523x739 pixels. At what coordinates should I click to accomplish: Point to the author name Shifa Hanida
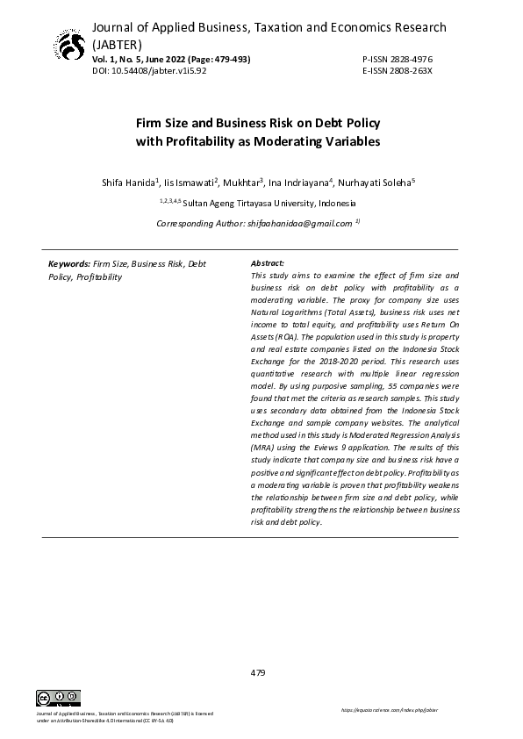click(x=129, y=183)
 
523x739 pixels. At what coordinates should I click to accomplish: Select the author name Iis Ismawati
click(x=188, y=183)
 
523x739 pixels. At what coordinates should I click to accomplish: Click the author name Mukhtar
click(x=242, y=183)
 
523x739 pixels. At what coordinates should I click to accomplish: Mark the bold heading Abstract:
click(x=268, y=263)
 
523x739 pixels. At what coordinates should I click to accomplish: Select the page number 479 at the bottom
click(x=258, y=672)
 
